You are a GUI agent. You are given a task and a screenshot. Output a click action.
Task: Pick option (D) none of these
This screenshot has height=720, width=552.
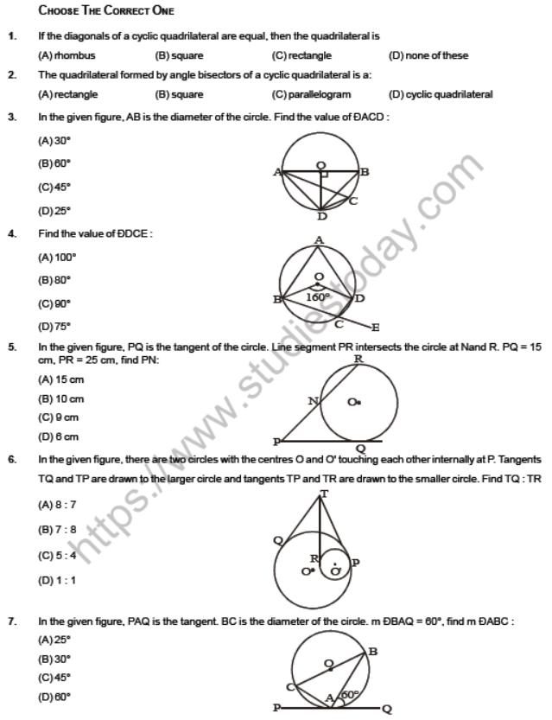(x=428, y=55)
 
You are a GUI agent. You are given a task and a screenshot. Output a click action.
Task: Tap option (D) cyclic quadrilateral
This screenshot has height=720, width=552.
(x=441, y=95)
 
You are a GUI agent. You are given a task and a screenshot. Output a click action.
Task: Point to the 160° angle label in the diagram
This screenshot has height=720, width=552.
(x=319, y=296)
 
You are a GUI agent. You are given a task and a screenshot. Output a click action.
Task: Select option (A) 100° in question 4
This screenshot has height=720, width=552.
(x=57, y=257)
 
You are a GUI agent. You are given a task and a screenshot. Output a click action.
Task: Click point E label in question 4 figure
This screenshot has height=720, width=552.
(x=375, y=328)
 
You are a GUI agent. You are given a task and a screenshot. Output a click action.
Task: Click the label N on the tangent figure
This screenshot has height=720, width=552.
(x=314, y=401)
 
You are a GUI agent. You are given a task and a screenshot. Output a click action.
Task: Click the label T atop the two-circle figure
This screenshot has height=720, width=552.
(x=324, y=494)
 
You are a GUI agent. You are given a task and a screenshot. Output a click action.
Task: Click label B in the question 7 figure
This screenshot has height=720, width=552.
(x=372, y=651)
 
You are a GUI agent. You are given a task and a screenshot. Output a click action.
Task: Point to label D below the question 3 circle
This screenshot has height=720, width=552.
(x=322, y=216)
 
